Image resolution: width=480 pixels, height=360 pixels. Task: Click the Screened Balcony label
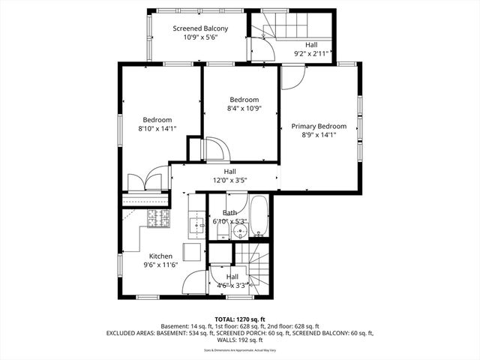pos(199,28)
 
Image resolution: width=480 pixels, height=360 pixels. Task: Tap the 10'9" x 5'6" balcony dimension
pos(199,38)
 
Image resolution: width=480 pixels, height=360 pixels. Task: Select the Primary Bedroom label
pos(319,126)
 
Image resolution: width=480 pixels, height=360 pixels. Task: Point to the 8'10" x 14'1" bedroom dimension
pos(157,128)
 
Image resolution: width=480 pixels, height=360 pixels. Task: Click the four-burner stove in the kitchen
pos(159,218)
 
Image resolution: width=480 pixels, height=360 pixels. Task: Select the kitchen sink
pos(196,223)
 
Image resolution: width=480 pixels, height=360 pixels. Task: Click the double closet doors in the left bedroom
pos(145,181)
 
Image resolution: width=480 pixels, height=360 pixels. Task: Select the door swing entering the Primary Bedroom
pos(293,77)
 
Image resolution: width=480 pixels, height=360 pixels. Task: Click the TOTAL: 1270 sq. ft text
pos(240,318)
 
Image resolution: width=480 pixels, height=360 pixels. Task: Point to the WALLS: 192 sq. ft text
pos(240,340)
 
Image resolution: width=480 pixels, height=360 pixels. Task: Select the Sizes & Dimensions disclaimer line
pos(240,350)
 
